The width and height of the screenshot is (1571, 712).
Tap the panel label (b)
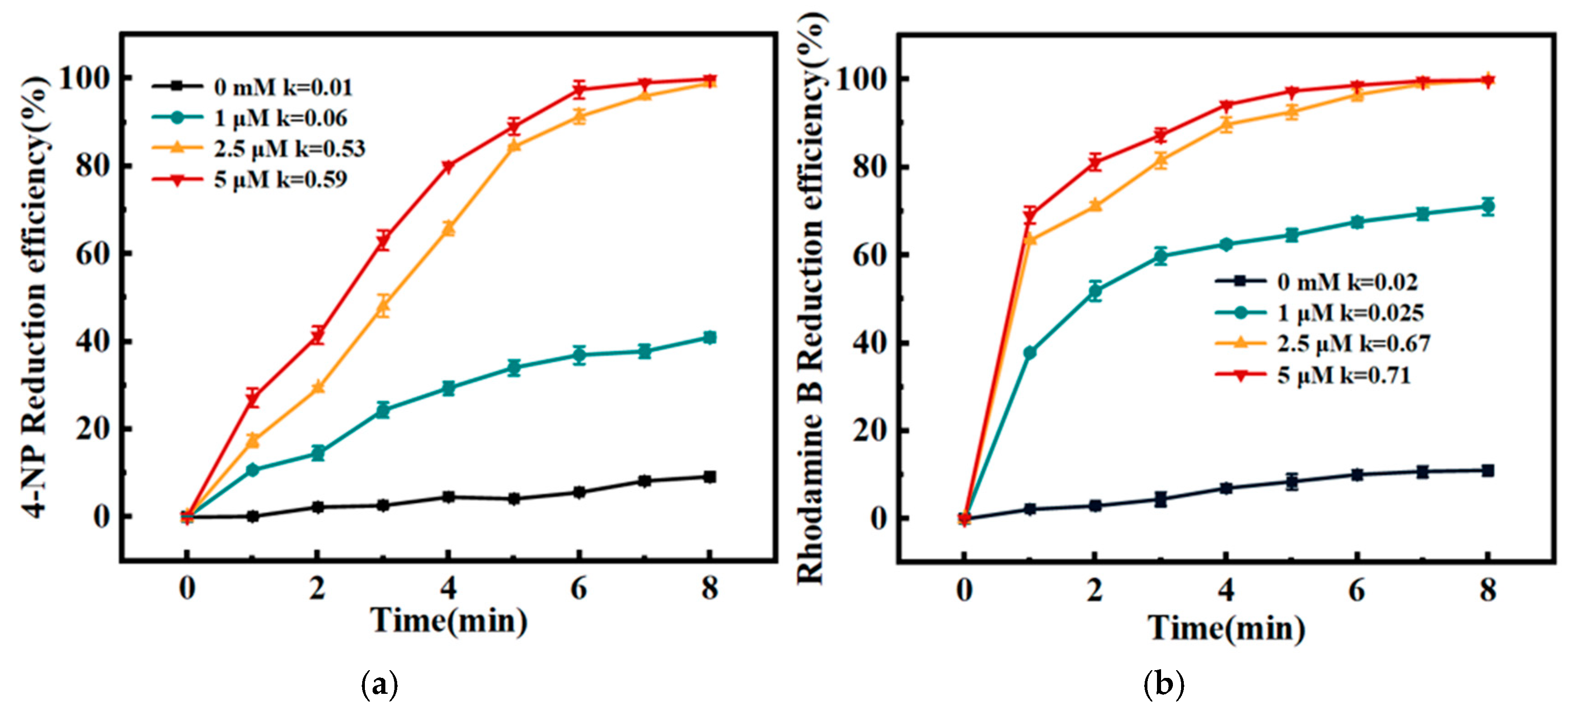pos(1164,684)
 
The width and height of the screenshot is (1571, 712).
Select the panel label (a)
pos(380,684)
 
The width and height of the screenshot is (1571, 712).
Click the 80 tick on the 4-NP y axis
pos(93,166)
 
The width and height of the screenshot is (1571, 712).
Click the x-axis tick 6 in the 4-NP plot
pos(579,588)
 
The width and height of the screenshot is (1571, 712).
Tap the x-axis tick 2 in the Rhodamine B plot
pos(1095,590)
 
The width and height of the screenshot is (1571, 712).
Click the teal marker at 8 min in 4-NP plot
pos(709,338)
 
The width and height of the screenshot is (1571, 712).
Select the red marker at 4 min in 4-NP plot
pos(448,166)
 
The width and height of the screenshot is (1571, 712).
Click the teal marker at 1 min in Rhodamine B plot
pos(1030,353)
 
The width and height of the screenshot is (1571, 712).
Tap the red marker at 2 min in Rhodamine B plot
pos(1095,163)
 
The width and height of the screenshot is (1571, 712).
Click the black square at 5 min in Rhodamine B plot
pos(1292,481)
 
